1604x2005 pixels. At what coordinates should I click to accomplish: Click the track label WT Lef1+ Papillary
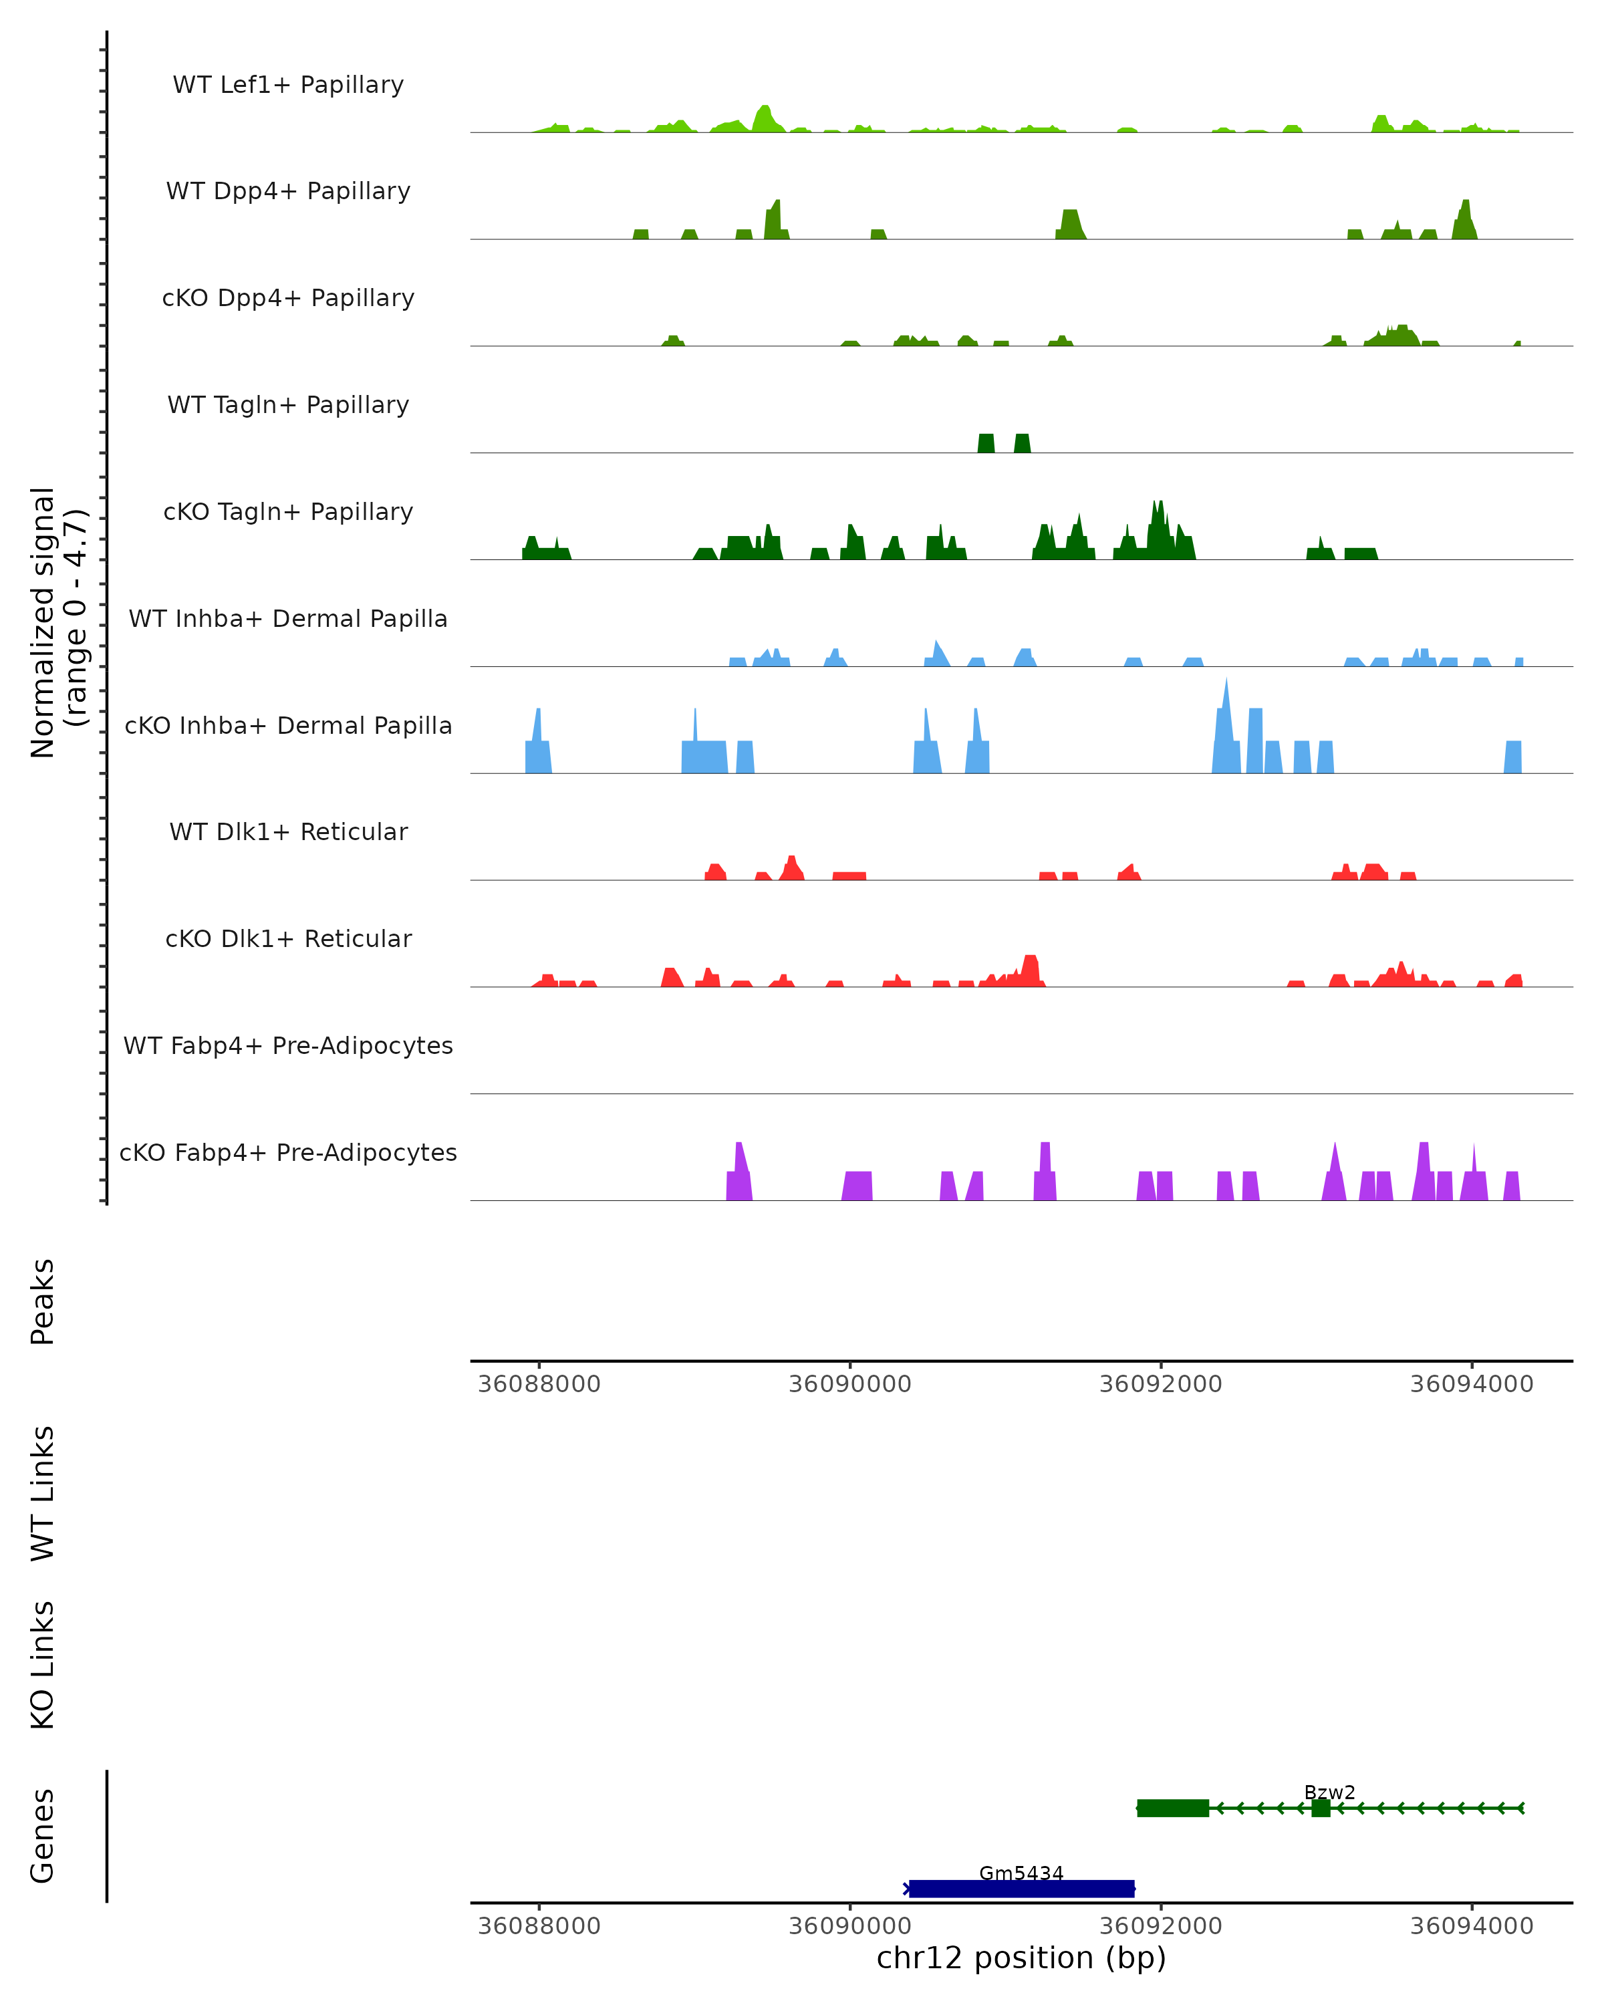tap(288, 85)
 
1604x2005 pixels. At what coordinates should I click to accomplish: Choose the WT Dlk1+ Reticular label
tap(288, 831)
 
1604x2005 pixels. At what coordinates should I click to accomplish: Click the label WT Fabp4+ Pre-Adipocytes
tap(288, 1045)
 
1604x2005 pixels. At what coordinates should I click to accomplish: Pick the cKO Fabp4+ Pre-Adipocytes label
tap(288, 1152)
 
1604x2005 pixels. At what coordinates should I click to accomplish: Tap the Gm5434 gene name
tap(1021, 1873)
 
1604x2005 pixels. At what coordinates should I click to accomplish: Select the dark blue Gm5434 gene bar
tap(1021, 1889)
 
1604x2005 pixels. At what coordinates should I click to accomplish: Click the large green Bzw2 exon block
tap(1172, 1808)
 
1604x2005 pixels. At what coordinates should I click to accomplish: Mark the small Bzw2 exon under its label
tap(1321, 1808)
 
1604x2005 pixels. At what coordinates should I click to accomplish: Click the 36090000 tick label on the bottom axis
tap(850, 1925)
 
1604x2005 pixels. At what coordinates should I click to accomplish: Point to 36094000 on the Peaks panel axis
tap(1471, 1384)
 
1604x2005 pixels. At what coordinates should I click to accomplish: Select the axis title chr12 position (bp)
tap(1021, 1958)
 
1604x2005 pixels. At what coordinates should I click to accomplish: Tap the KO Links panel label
tap(43, 1665)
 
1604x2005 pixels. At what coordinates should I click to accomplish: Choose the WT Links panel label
tap(43, 1492)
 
